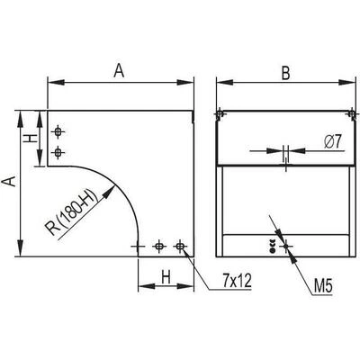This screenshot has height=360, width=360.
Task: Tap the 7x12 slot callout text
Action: tap(237, 281)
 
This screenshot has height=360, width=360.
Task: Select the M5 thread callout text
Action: tap(323, 286)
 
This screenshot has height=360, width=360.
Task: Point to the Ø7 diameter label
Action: tap(333, 141)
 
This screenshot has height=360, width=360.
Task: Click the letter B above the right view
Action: tap(286, 73)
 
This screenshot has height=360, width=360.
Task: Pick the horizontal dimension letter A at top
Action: tap(119, 71)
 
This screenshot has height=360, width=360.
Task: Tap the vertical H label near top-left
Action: tap(31, 139)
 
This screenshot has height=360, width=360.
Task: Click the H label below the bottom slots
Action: tap(166, 277)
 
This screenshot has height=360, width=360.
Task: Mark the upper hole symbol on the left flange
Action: tap(58, 131)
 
